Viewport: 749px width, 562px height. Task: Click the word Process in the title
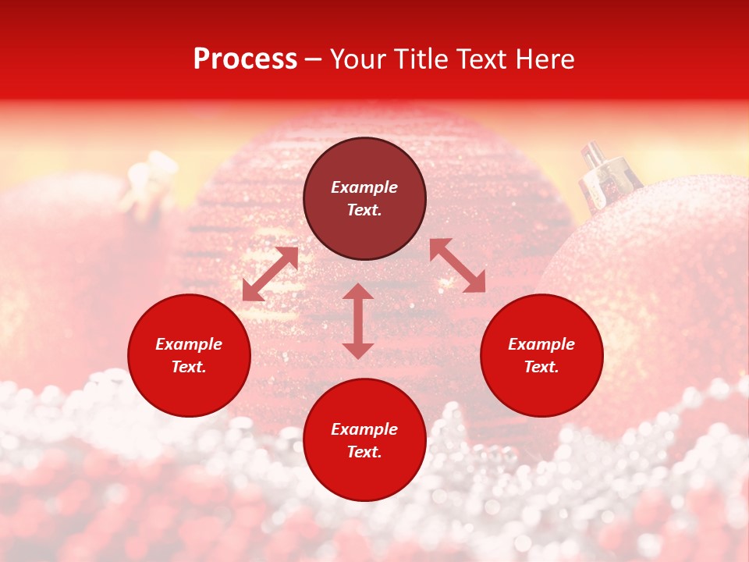pos(245,59)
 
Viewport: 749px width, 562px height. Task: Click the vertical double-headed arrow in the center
pos(358,321)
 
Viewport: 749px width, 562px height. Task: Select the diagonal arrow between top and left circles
pos(271,274)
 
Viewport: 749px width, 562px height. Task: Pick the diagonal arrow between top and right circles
pos(457,265)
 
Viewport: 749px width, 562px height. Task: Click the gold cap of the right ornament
pos(605,171)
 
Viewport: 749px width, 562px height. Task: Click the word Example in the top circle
pos(364,187)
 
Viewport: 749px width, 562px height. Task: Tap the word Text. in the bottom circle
pos(364,452)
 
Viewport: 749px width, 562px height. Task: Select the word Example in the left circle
pos(189,344)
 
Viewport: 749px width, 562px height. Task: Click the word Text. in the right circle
pos(541,367)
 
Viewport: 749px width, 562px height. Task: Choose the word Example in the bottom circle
pos(364,429)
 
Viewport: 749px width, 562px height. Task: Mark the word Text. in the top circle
pos(364,210)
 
